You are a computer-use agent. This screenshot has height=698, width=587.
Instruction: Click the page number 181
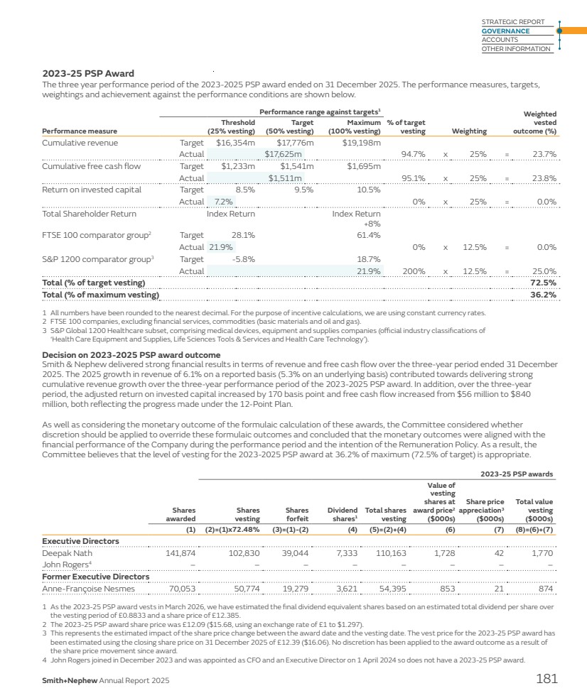coord(546,679)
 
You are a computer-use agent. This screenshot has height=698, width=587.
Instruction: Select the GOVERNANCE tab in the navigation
coord(505,31)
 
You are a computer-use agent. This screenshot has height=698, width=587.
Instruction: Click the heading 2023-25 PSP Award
coord(88,73)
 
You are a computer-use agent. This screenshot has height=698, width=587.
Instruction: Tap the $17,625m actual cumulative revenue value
coord(284,153)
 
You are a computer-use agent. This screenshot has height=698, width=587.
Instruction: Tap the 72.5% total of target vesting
coord(543,283)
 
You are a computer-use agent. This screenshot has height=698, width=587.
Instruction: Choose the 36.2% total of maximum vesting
coord(543,294)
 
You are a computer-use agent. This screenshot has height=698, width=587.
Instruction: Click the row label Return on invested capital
coord(92,190)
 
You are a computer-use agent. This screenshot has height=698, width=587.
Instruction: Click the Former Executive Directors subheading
coord(96,577)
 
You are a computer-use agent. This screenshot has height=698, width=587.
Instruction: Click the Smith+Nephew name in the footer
coord(68,680)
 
